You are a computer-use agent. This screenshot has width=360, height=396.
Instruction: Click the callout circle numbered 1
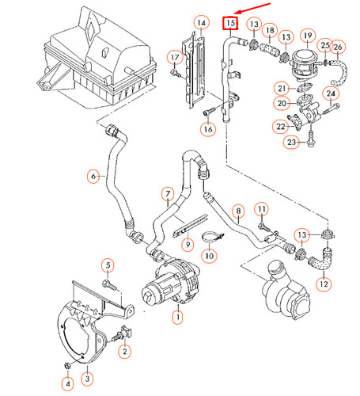[177, 317]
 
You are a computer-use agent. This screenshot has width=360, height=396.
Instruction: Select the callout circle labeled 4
[67, 384]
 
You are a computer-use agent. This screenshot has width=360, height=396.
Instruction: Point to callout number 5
[108, 265]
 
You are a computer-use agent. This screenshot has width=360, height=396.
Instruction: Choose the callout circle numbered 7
[167, 193]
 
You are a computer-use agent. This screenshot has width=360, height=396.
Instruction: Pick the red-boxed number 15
[230, 23]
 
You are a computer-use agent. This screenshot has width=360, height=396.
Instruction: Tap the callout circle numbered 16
[208, 128]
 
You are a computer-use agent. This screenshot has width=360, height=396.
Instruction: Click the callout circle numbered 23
[291, 142]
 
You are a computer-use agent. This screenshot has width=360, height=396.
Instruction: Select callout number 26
[339, 48]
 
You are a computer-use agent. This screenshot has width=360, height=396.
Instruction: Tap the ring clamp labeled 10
[211, 235]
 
